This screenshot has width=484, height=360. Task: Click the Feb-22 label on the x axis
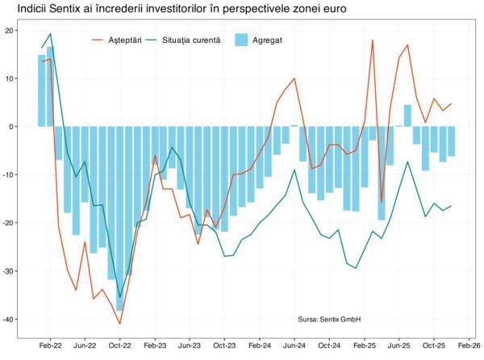coord(50,343)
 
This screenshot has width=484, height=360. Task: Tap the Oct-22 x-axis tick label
coord(120,343)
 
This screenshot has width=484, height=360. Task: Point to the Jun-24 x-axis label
coord(294,343)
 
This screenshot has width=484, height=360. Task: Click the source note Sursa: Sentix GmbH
coord(329,320)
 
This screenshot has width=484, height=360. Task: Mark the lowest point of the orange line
coord(120,324)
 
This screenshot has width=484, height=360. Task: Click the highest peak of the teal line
coord(51,34)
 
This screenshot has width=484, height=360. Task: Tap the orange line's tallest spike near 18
coord(373,40)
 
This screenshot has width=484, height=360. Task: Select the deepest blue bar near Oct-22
coord(120,218)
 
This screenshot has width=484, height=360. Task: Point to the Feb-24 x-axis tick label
coord(260,343)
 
